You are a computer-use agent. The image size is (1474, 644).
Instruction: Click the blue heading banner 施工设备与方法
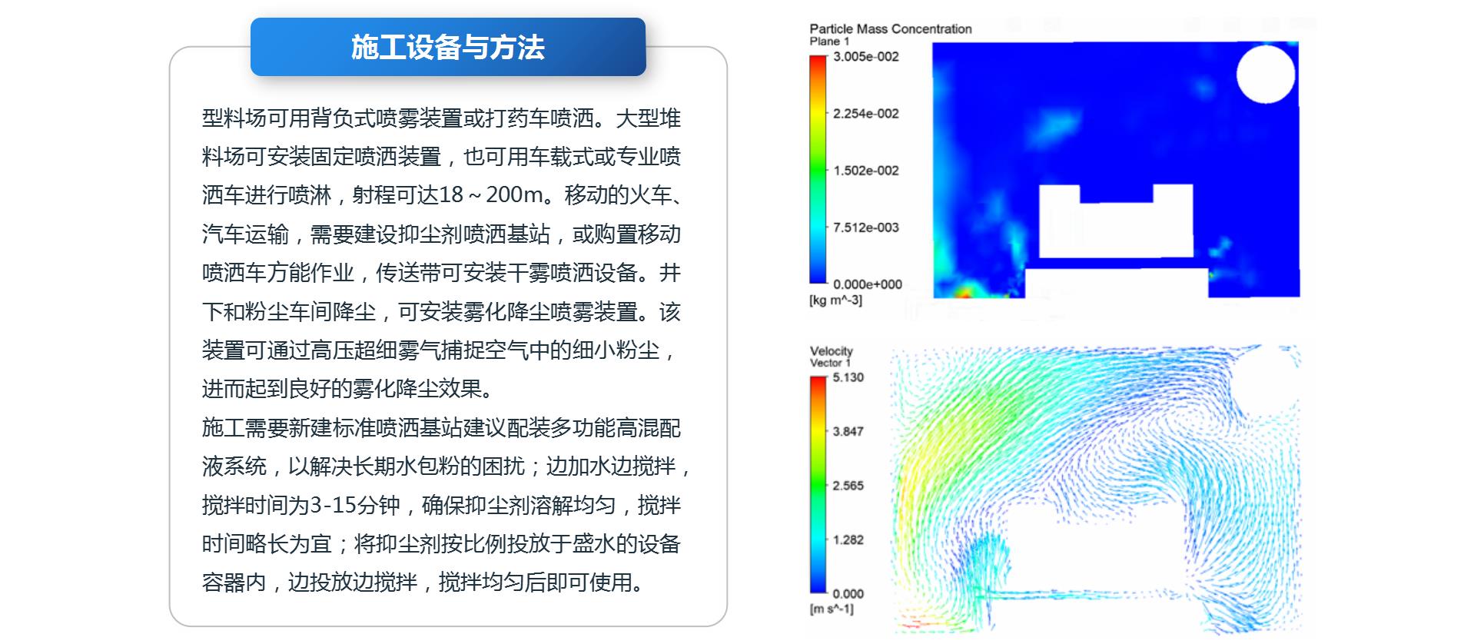pyautogui.click(x=448, y=47)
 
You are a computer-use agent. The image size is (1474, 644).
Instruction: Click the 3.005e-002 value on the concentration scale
pyautogui.click(x=866, y=57)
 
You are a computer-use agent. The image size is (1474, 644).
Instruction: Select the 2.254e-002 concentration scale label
pyautogui.click(x=866, y=114)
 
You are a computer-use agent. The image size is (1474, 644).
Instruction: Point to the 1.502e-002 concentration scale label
pyautogui.click(x=866, y=171)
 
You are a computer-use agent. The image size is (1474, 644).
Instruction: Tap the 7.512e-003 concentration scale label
pyautogui.click(x=866, y=227)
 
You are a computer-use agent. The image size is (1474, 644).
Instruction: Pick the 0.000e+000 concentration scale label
pyautogui.click(x=868, y=284)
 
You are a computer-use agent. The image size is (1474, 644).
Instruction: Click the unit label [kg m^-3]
pyautogui.click(x=836, y=300)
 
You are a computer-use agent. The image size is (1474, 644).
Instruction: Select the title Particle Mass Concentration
pyautogui.click(x=891, y=29)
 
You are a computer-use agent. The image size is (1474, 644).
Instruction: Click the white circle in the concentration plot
pyautogui.click(x=1266, y=74)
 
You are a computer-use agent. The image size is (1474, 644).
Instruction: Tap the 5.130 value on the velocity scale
pyautogui.click(x=848, y=377)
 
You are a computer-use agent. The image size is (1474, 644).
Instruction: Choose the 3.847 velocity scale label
pyautogui.click(x=848, y=432)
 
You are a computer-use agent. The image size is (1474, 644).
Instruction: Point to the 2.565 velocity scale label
pyautogui.click(x=848, y=486)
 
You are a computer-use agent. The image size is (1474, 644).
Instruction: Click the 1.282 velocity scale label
pyautogui.click(x=848, y=540)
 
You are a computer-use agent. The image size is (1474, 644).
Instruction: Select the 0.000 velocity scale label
pyautogui.click(x=848, y=594)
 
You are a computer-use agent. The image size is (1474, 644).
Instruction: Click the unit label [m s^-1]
pyautogui.click(x=832, y=609)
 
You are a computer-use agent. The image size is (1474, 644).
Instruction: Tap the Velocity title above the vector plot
pyautogui.click(x=832, y=351)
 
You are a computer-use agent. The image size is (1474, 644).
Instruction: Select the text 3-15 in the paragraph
pyautogui.click(x=334, y=506)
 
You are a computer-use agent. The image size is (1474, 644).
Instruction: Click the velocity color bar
pyautogui.click(x=818, y=485)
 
